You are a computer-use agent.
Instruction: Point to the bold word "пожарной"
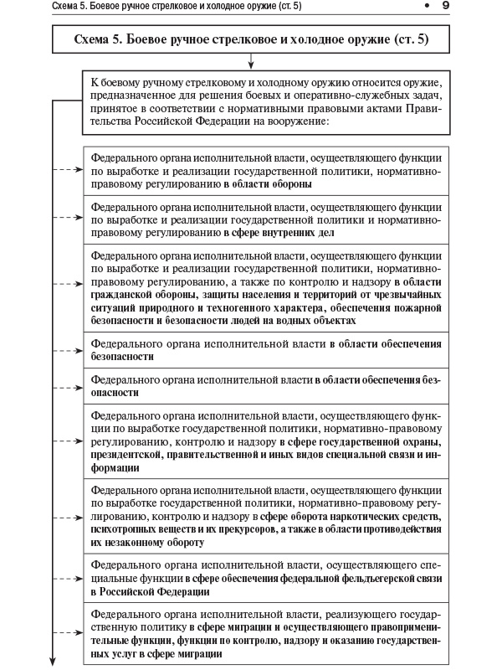[421, 307]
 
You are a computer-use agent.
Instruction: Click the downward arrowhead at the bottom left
[55, 658]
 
